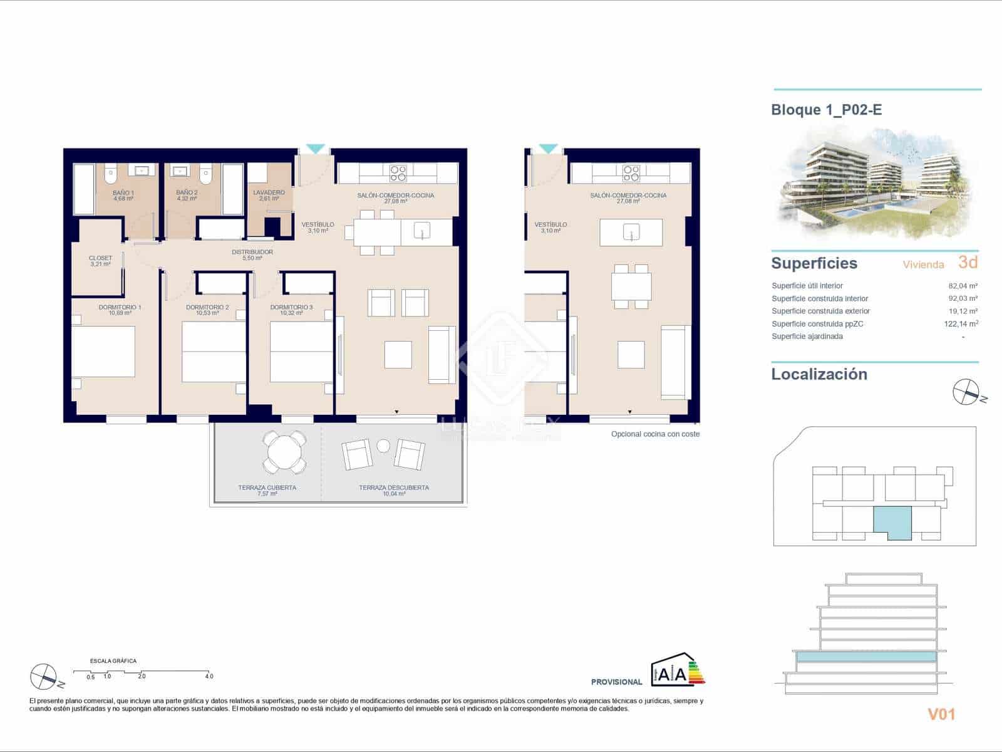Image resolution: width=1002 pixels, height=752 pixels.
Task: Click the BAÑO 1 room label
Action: [123, 196]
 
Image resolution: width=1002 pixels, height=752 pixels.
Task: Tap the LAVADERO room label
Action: [269, 196]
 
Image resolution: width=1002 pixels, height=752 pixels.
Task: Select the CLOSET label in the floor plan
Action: [100, 261]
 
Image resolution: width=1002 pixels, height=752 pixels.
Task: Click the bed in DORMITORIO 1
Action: [104, 351]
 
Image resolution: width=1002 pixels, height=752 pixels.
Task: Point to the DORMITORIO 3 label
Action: [291, 310]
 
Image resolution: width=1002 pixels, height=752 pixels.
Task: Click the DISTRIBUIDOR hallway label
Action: [252, 254]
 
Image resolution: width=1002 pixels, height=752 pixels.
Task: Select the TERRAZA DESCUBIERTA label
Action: [394, 490]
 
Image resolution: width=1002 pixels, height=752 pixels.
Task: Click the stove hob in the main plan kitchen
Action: [398, 172]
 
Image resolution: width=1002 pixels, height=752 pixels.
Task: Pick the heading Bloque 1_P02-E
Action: [827, 110]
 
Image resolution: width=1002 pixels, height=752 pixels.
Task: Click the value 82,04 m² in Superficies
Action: [963, 286]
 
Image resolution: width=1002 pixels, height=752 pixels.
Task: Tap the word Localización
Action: [819, 374]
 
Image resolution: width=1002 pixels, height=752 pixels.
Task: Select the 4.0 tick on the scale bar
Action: [209, 676]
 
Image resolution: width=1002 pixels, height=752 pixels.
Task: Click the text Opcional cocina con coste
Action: [655, 434]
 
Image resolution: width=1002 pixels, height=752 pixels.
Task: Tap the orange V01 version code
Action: [941, 714]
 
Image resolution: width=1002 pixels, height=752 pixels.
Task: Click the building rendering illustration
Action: [877, 182]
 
